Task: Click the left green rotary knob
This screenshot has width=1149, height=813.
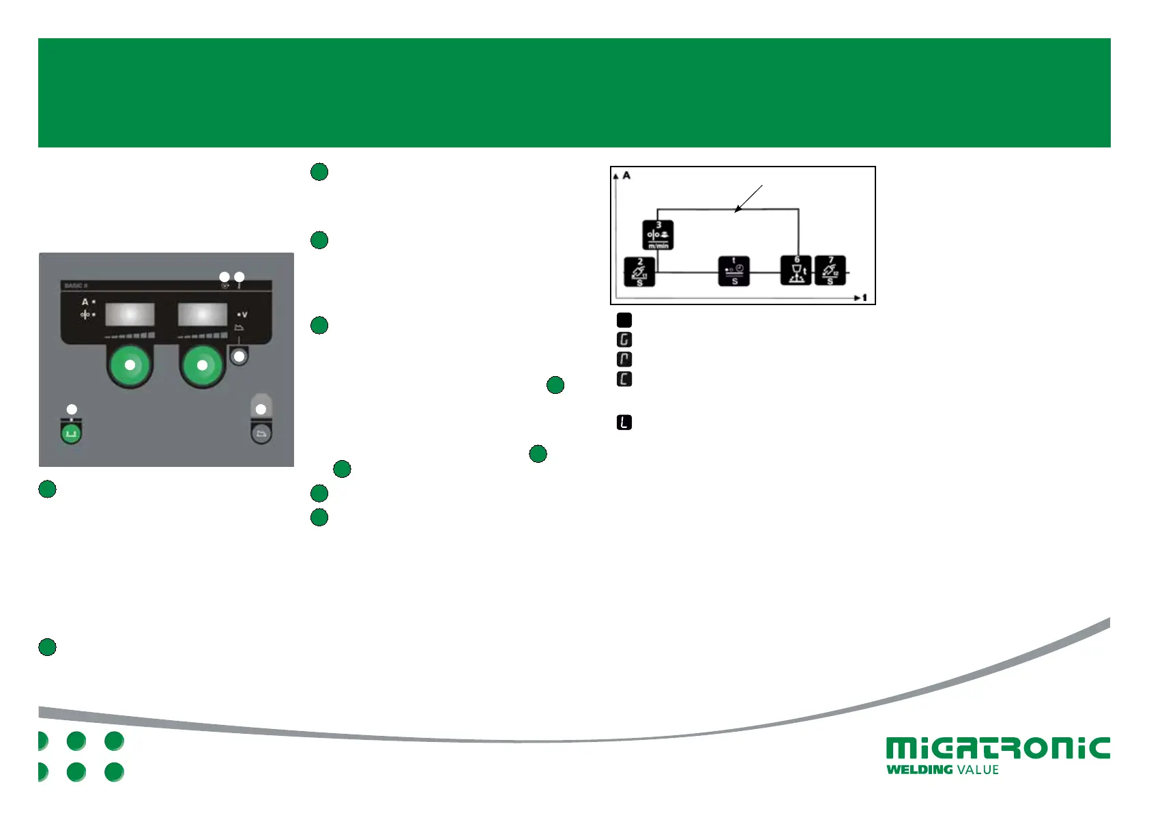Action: (130, 365)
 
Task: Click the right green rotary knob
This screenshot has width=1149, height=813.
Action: (202, 365)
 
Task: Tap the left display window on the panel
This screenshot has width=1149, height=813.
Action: (130, 315)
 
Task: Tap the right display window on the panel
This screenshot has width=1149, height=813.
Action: (203, 315)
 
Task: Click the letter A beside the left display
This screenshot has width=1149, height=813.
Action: (85, 302)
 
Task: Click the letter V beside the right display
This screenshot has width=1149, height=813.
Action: (244, 315)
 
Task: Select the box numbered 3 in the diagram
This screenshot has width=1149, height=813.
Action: (658, 235)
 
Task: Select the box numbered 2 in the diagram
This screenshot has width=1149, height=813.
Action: (640, 272)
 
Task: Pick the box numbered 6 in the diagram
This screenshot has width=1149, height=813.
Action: (796, 270)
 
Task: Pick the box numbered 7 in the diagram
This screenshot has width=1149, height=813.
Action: (830, 270)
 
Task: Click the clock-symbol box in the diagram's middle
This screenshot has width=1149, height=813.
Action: (734, 271)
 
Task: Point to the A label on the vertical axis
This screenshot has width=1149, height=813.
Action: (626, 176)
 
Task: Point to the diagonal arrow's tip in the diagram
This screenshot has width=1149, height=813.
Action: (736, 212)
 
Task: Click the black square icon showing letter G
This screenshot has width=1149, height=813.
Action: (624, 339)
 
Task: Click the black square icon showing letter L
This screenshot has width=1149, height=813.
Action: (624, 423)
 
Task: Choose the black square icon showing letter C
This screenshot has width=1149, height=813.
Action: (624, 379)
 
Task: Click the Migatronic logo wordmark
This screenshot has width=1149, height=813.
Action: (998, 748)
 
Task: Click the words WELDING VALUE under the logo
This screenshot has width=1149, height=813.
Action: (942, 770)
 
